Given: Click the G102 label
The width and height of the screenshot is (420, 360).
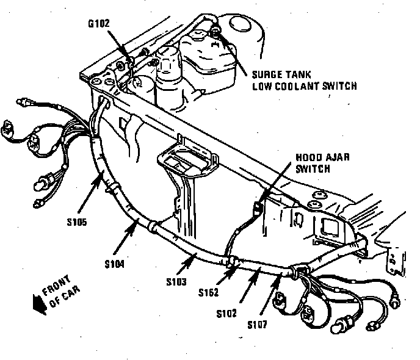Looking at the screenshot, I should [x=100, y=25].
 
